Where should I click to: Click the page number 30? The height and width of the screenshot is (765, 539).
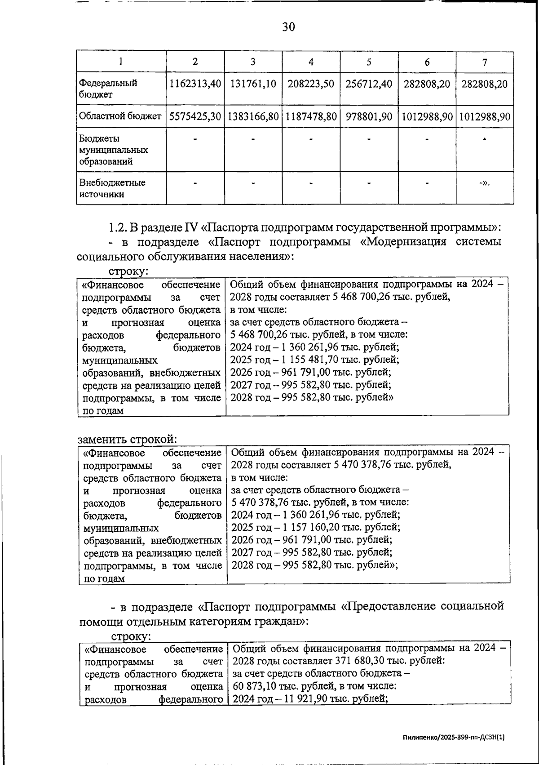tap(288, 27)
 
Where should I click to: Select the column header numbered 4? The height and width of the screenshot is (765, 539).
tap(311, 62)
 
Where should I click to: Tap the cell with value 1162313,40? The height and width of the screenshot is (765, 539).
tap(195, 84)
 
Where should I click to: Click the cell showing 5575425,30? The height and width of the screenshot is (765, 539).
tap(195, 117)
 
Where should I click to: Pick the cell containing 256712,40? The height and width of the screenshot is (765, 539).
tap(369, 84)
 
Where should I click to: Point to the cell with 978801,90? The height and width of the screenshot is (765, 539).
tap(369, 117)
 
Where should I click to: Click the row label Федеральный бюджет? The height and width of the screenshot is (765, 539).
tap(108, 89)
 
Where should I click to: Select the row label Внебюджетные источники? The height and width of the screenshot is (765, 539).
tap(112, 188)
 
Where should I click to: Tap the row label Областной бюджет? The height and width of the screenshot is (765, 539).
tap(120, 117)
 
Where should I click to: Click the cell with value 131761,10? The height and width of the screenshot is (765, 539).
tap(253, 84)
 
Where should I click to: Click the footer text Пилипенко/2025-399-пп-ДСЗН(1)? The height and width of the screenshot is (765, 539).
tap(454, 738)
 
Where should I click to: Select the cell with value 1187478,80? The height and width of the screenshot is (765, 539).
tap(311, 117)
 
